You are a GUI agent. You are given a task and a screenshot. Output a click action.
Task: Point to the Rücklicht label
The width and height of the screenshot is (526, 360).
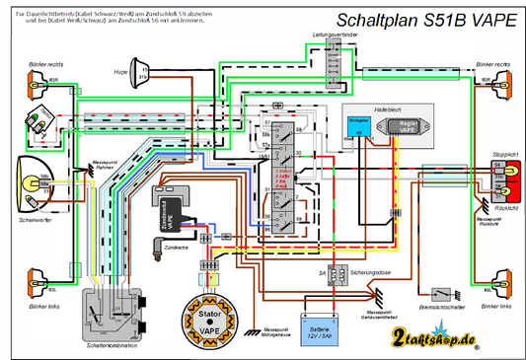click(x=505, y=209)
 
